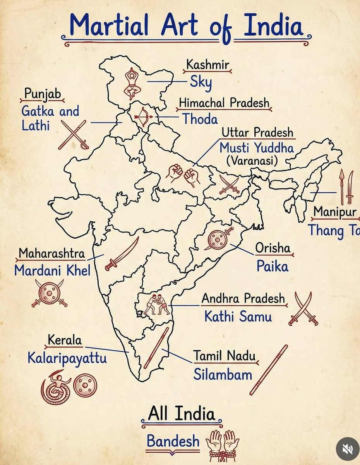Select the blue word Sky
201,83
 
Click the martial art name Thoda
200,119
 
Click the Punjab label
42,94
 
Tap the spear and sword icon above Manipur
346,188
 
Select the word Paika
273,266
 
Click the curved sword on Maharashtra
122,254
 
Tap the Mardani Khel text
52,270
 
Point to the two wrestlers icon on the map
157,304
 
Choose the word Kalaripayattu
67,358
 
